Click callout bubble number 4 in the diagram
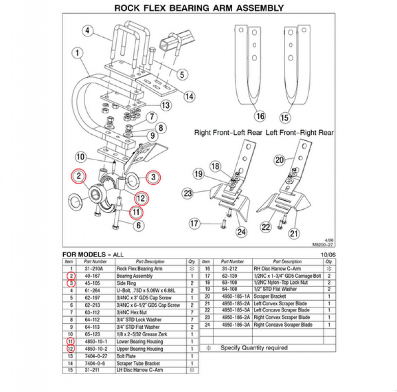point(88,31)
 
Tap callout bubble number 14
point(189,96)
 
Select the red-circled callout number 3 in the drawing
point(152,177)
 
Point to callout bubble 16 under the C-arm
point(260,116)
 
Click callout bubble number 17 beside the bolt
point(194,223)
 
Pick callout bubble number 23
point(188,193)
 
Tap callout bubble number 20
point(279,160)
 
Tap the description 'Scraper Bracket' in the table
point(270,296)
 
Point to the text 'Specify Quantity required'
point(254,348)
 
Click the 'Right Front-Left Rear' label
point(228,133)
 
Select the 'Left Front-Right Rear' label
point(300,133)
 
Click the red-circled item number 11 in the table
point(69,341)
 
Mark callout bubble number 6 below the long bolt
point(138,225)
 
